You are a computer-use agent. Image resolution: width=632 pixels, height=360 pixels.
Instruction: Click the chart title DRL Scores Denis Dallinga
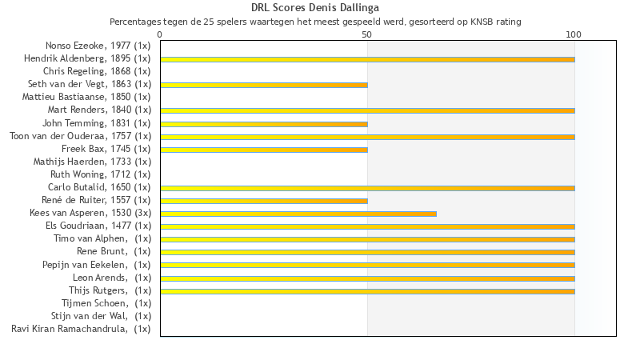click(315, 8)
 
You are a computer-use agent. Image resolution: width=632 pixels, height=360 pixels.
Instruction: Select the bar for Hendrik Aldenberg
click(367, 59)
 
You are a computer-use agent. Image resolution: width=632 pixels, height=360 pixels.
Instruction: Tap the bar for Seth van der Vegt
click(264, 85)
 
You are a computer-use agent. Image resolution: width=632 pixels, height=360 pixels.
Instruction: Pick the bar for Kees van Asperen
click(298, 214)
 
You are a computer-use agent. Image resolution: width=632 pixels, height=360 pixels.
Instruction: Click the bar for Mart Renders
click(367, 110)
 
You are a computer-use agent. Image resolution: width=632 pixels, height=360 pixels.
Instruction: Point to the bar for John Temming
click(264, 124)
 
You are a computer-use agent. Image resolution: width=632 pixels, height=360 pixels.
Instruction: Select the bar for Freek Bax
click(264, 150)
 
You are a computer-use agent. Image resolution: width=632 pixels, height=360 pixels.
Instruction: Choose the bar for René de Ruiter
click(264, 201)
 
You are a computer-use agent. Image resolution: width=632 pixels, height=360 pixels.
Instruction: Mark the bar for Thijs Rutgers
click(367, 291)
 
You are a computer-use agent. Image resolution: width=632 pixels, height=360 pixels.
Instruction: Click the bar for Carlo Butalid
click(367, 188)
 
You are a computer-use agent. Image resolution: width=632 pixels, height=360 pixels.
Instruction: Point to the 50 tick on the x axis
click(366, 34)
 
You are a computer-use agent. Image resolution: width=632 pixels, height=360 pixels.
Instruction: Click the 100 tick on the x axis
click(574, 34)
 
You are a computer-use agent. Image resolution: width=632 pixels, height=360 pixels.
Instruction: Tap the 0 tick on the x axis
click(160, 34)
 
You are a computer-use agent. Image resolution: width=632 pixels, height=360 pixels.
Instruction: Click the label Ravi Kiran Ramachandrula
click(81, 328)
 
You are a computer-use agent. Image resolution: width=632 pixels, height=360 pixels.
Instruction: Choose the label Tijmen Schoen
click(106, 302)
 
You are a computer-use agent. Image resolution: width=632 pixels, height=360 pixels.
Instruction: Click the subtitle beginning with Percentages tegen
click(315, 22)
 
